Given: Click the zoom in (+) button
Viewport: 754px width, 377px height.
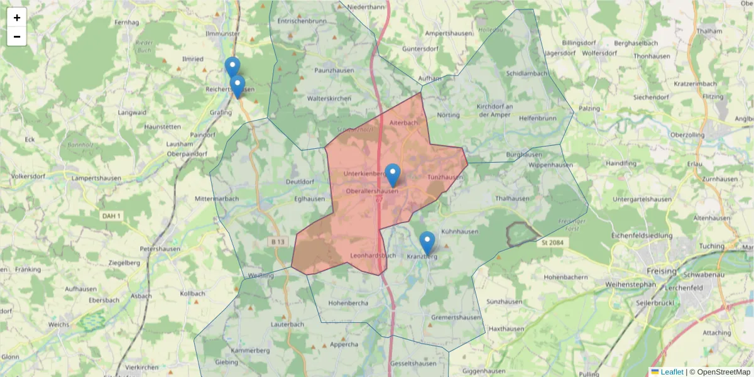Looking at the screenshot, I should (x=17, y=18).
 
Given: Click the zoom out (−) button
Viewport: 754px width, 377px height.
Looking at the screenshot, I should (x=17, y=36).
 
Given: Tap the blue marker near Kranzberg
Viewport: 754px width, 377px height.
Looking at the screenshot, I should (x=427, y=243).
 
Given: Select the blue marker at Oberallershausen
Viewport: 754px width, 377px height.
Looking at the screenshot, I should (x=393, y=175).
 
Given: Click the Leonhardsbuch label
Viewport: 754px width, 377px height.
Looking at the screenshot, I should (x=373, y=255).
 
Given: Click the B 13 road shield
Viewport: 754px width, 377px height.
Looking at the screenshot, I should (x=279, y=242).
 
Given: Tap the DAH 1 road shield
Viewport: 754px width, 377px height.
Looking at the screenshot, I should (x=111, y=216).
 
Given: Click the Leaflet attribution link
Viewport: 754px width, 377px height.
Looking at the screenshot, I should (x=671, y=372).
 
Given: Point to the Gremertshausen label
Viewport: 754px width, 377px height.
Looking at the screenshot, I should (x=456, y=317).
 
